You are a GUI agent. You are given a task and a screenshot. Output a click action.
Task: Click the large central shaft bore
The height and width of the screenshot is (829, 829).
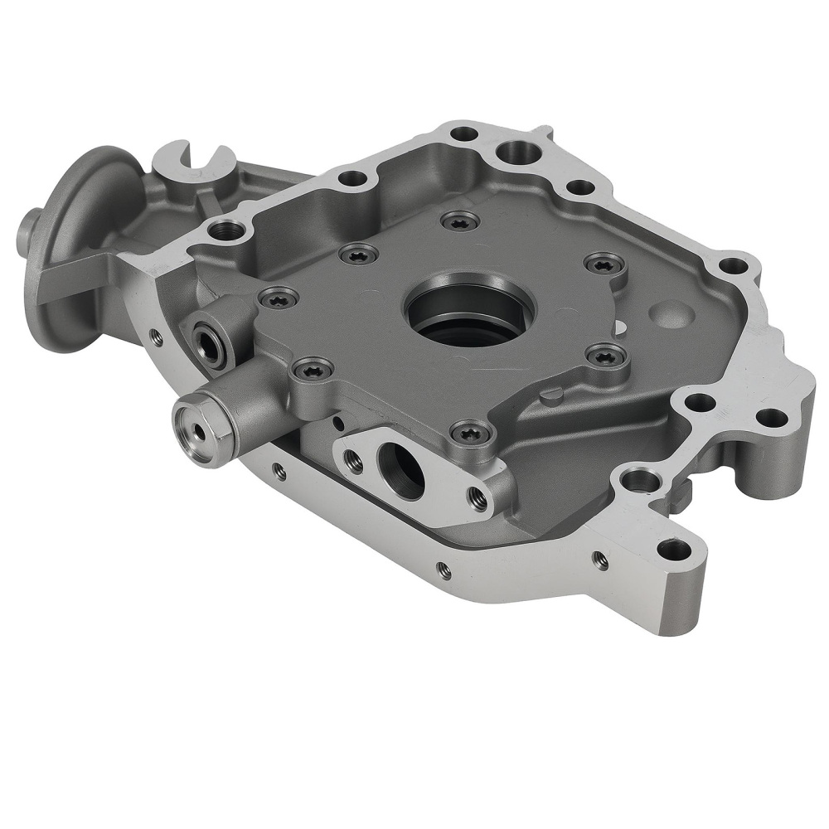(469, 316)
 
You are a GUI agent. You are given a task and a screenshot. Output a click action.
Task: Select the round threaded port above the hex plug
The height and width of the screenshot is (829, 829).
(208, 341)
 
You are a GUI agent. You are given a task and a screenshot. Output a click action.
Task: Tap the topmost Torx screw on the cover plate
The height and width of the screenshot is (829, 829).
(459, 221)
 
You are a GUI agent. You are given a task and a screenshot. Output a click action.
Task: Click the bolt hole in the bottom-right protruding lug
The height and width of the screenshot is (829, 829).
(674, 548)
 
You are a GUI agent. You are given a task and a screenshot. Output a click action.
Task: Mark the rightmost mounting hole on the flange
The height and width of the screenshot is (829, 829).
(770, 417)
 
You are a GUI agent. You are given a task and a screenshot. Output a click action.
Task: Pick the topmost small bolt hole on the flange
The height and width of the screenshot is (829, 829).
(466, 133)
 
